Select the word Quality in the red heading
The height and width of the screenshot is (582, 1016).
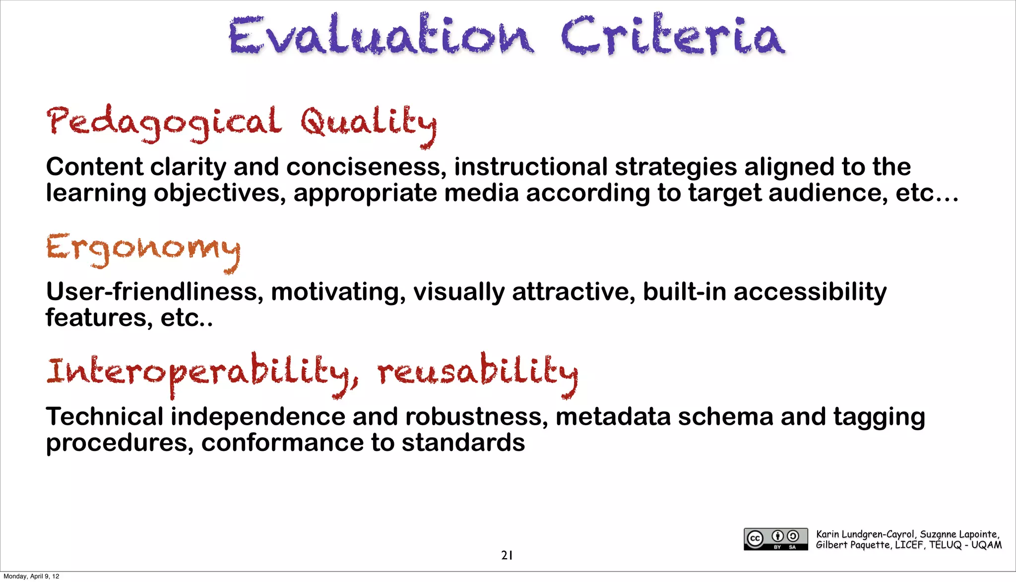368,124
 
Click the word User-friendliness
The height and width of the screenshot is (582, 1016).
154,292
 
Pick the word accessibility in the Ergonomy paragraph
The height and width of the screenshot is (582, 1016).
810,292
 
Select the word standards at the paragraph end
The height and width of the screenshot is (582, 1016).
463,443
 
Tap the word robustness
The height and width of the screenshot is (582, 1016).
476,417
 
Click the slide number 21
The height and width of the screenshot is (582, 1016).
507,555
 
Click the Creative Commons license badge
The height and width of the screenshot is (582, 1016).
775,539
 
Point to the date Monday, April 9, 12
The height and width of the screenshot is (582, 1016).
31,576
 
